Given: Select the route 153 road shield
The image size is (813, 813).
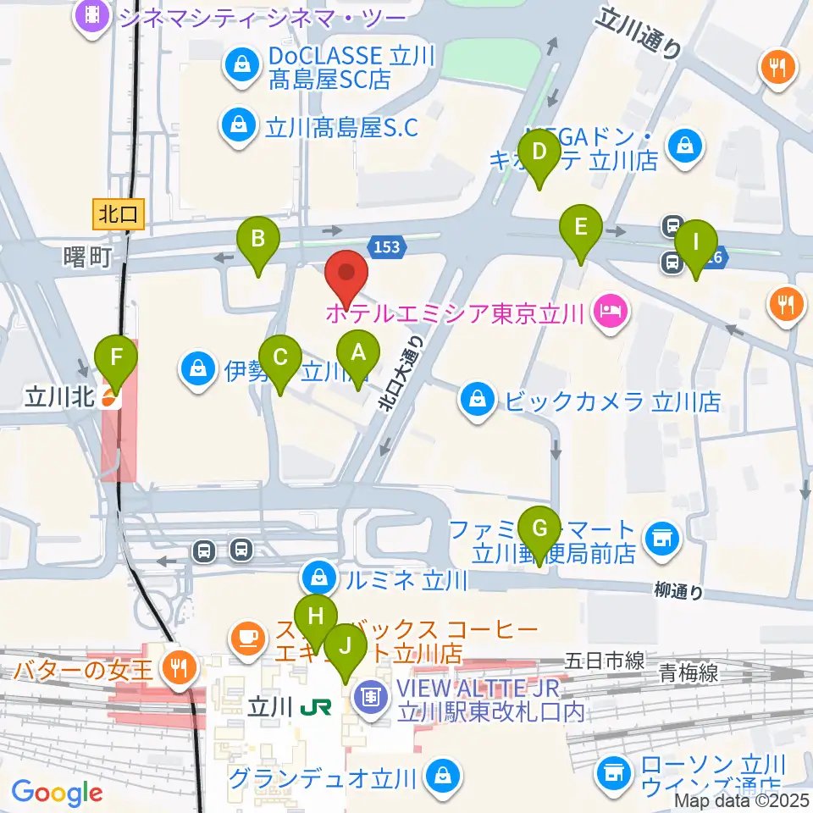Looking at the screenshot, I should tap(385, 246).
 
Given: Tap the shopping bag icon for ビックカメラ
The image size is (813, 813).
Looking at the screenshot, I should tap(478, 399).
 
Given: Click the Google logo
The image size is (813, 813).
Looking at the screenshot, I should tap(58, 793).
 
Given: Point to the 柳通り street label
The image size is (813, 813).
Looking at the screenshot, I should tap(678, 591).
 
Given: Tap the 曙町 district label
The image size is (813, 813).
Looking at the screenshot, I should tap(86, 257).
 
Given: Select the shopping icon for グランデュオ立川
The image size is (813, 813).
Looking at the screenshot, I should tap(441, 773).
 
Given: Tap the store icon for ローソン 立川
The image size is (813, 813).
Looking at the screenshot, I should tap(612, 772).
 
